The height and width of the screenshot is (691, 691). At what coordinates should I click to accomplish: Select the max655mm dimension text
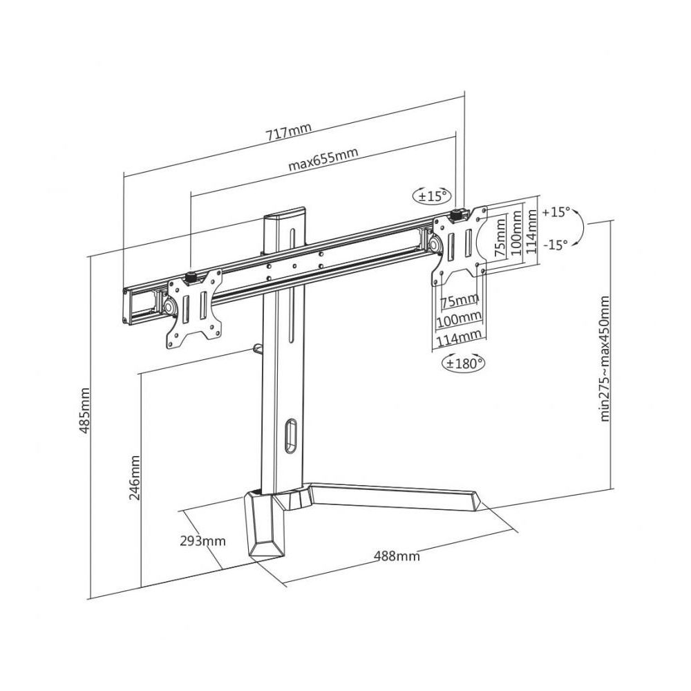coord(323,159)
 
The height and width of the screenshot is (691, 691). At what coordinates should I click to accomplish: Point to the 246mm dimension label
coord(135,478)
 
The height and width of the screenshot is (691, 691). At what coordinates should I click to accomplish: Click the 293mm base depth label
coord(202,541)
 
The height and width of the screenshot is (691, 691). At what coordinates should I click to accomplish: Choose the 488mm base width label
coord(397,556)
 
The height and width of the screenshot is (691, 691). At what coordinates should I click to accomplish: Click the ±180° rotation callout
coord(463,363)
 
